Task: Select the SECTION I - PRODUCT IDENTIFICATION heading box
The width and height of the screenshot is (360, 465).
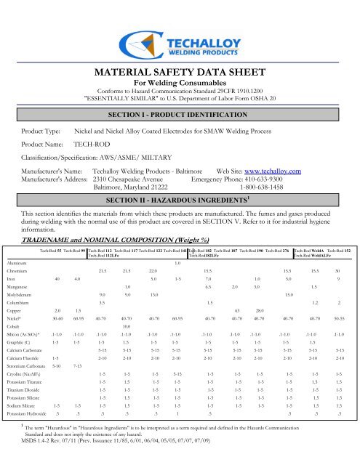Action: coord(179,116)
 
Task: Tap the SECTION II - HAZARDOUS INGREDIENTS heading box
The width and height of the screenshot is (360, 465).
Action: coord(179,179)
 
